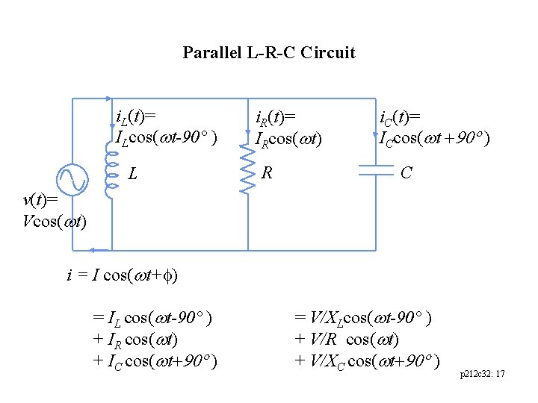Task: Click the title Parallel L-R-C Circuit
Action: click(269, 53)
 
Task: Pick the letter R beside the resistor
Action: click(267, 174)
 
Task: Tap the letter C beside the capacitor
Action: click(406, 173)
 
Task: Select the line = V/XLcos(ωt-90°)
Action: click(362, 319)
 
